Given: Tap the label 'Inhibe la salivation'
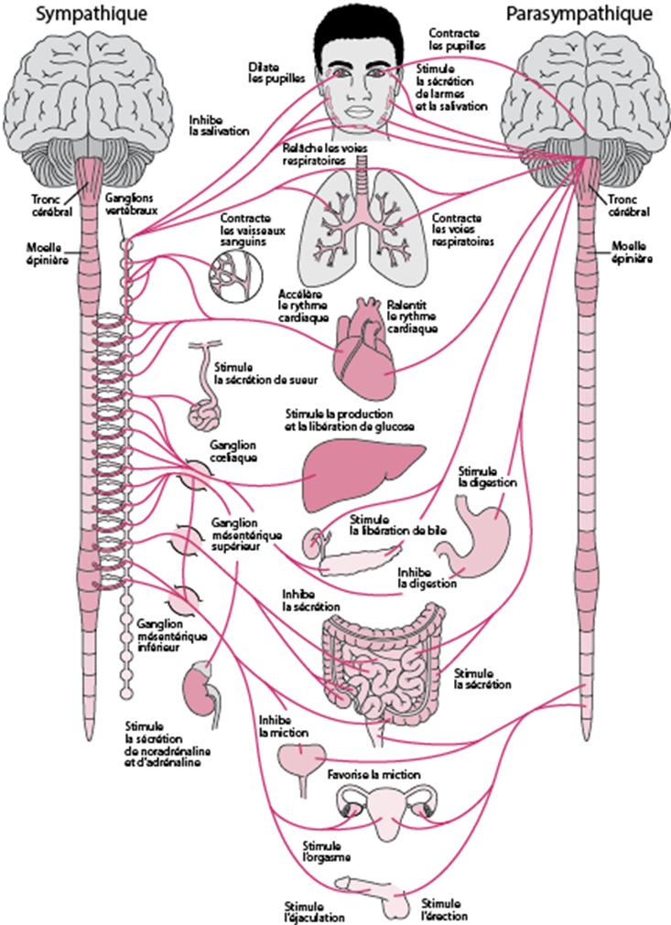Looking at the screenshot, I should click(219, 125).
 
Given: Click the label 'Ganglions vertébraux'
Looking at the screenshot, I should click(131, 203).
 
